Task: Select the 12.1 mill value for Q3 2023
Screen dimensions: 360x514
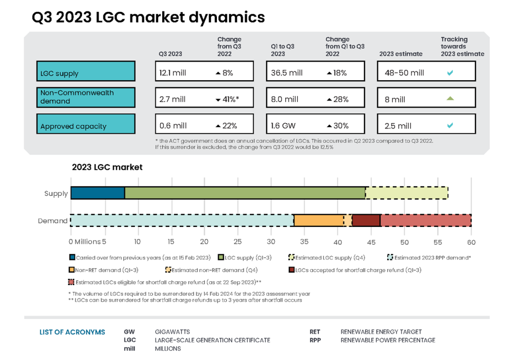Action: [172, 73]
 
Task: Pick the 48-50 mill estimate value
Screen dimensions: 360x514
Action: [404, 73]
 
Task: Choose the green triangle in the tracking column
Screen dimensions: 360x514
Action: [450, 98]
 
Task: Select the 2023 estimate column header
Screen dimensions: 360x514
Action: [400, 54]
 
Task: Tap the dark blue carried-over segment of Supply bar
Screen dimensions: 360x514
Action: [98, 193]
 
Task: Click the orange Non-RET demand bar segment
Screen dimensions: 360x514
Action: [318, 220]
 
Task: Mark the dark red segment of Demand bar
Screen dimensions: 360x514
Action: [366, 220]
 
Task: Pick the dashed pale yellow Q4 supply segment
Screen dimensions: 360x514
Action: [406, 193]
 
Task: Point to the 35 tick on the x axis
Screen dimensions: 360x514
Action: [304, 242]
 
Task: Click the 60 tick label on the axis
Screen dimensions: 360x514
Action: [471, 242]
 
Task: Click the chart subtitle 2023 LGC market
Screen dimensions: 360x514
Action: [107, 167]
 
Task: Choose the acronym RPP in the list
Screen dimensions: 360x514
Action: [315, 340]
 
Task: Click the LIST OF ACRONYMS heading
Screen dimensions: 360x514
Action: [72, 332]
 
